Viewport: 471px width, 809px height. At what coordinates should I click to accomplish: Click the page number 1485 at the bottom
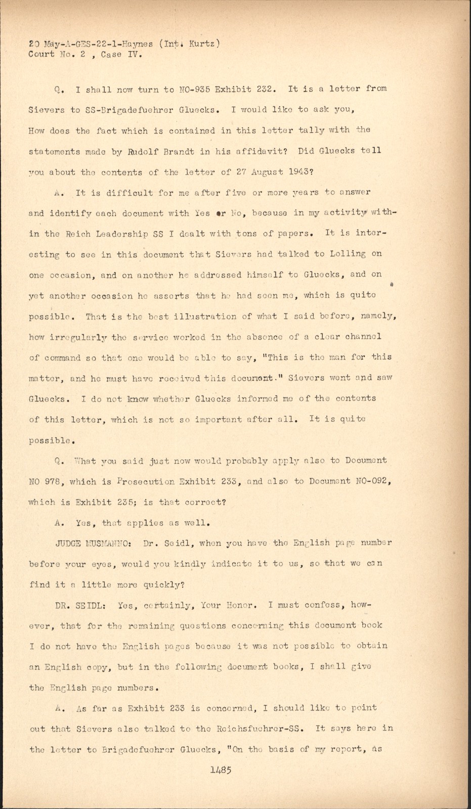click(221, 770)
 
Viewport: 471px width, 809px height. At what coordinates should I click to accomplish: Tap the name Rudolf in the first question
click(143, 151)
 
